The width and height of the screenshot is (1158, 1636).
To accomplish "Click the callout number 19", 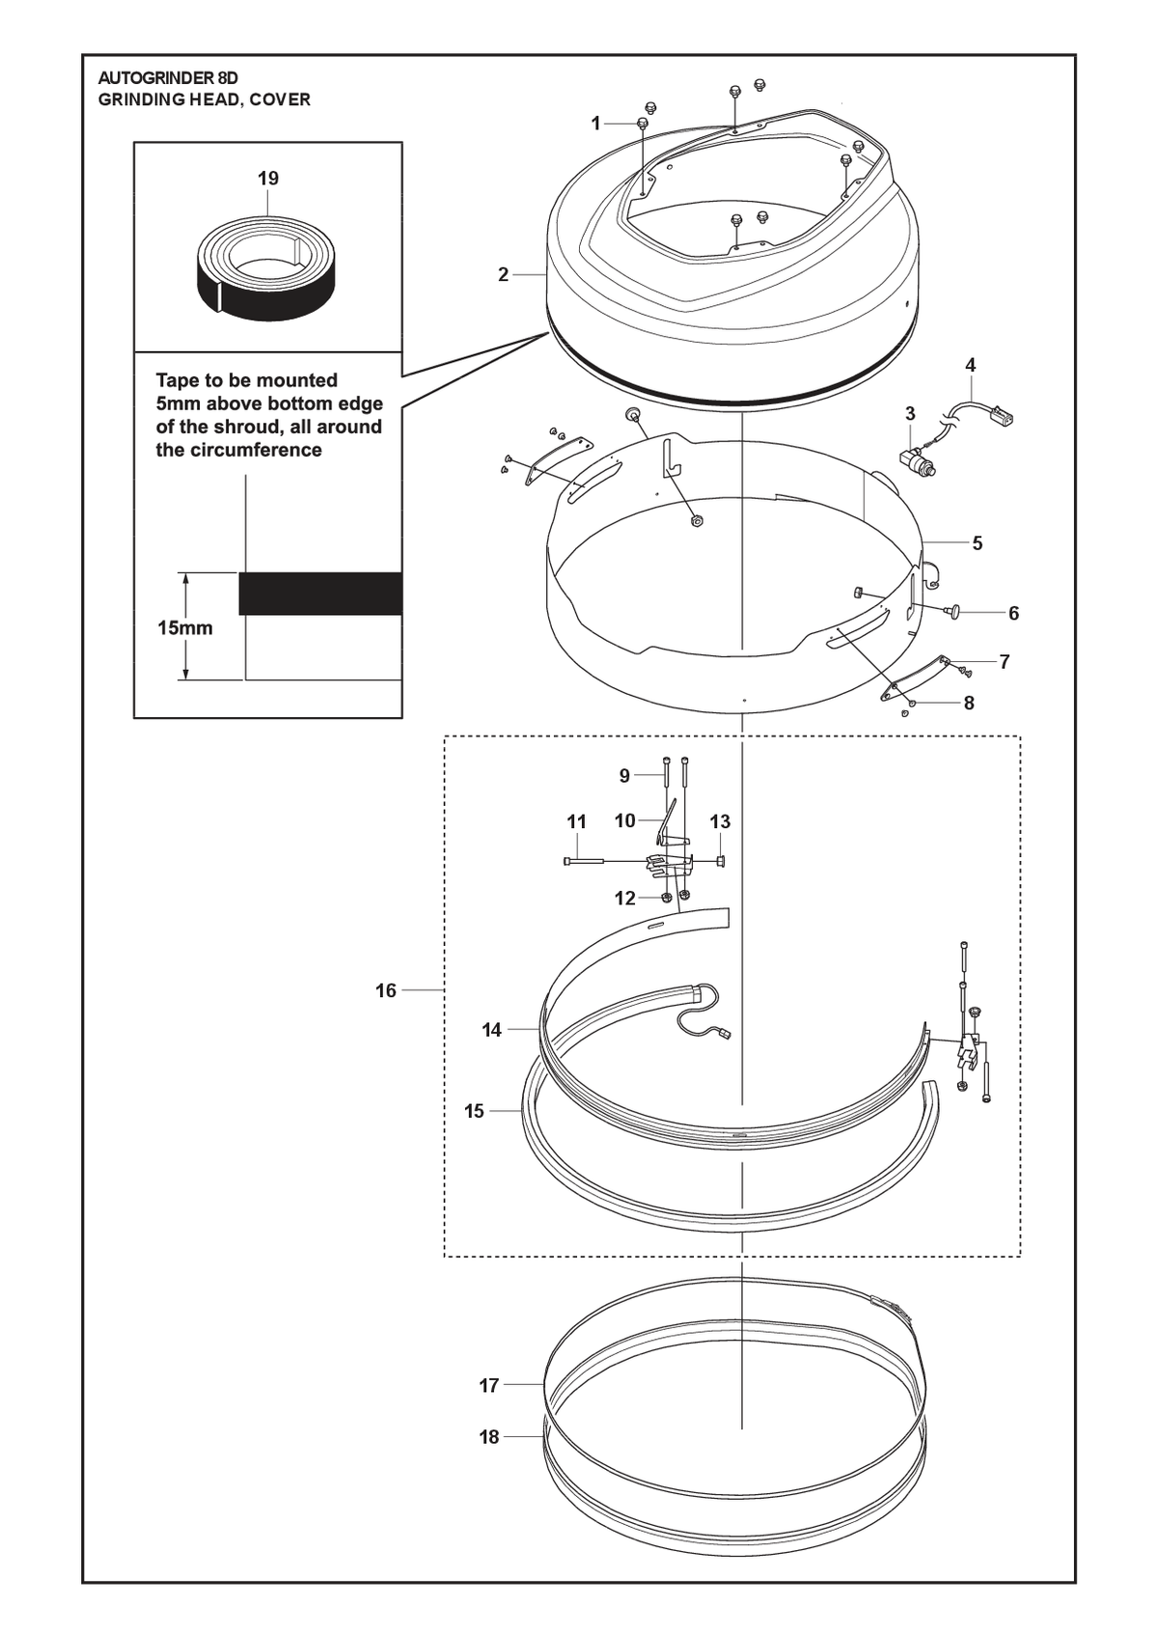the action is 268,179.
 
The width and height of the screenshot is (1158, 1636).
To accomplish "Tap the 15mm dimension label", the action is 185,627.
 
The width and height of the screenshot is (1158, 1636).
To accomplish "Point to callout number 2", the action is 503,275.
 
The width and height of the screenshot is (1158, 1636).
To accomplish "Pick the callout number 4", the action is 971,365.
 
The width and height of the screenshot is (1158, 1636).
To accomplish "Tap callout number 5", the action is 978,543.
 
